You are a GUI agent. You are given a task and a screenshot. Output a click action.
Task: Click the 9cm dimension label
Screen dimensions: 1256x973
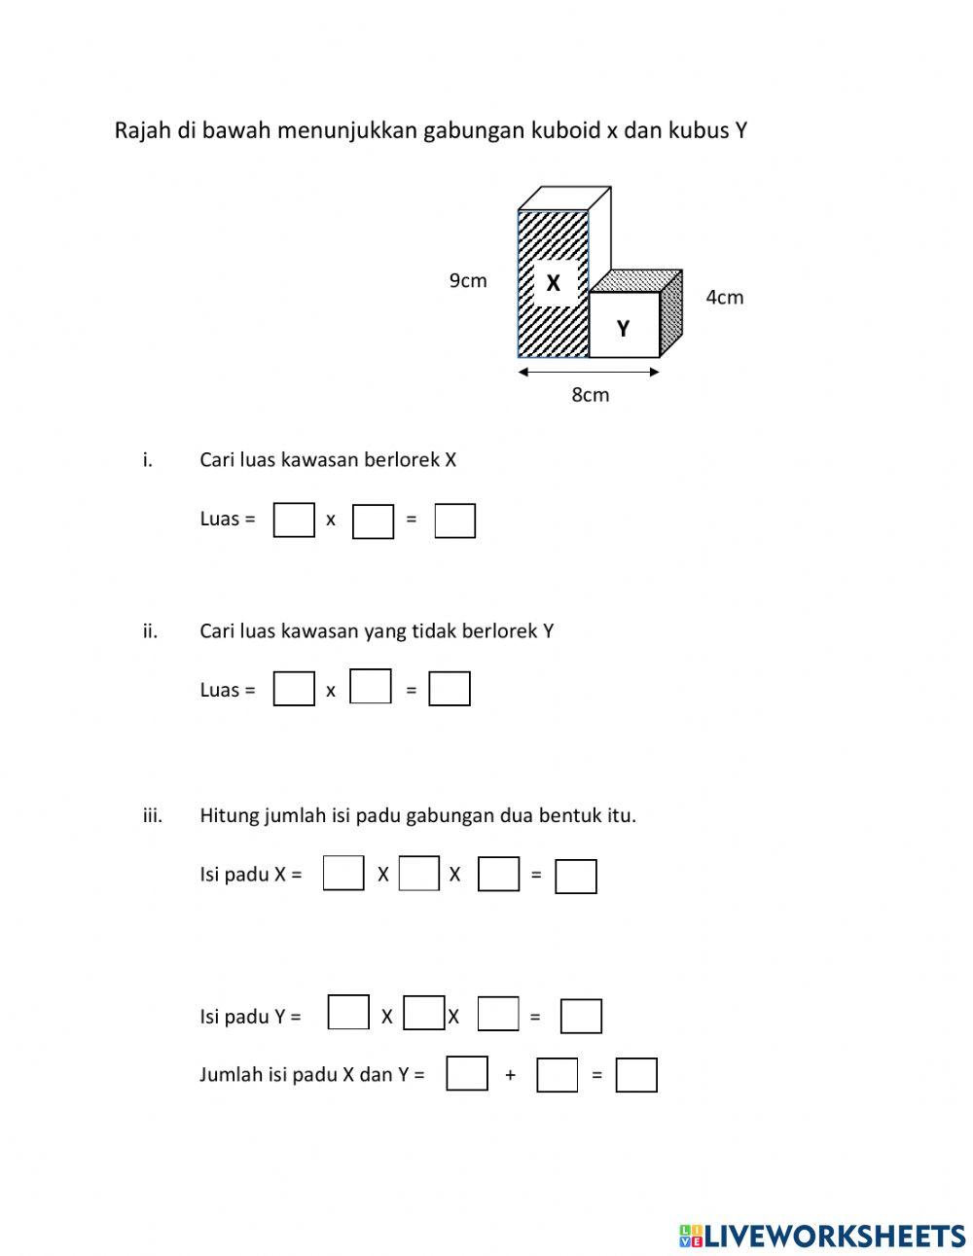click(468, 281)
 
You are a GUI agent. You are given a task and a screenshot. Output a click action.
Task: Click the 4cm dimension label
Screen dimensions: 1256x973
click(724, 298)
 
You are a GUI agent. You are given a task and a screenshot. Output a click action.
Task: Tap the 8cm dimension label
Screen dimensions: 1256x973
click(590, 395)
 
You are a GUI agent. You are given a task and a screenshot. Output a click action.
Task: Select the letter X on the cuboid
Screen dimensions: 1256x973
click(554, 283)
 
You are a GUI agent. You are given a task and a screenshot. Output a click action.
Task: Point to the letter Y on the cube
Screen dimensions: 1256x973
click(623, 329)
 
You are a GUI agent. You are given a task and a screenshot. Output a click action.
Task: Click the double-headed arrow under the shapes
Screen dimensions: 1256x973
click(589, 371)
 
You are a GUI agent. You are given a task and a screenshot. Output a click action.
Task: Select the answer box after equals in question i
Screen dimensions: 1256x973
click(454, 520)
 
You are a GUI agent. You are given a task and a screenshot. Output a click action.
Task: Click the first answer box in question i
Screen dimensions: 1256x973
click(294, 520)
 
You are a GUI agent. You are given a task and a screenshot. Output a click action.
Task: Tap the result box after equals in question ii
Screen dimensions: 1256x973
click(450, 690)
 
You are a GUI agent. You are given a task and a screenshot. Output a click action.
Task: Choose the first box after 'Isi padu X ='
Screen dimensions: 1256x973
click(343, 873)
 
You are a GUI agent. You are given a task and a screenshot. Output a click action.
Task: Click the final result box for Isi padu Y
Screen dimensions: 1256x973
click(581, 1017)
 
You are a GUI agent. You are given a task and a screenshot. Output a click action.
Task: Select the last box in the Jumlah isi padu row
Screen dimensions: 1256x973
click(636, 1075)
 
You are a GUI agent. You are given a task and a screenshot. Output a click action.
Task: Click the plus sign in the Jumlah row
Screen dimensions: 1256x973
click(510, 1075)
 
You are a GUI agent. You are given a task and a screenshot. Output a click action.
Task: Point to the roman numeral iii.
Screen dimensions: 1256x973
click(152, 815)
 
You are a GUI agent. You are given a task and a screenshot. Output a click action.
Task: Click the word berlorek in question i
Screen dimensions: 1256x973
click(401, 459)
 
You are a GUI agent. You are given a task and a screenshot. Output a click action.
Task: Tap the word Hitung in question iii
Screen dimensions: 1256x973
click(229, 815)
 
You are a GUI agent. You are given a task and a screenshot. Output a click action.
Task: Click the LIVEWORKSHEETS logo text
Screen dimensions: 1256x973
click(835, 1236)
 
